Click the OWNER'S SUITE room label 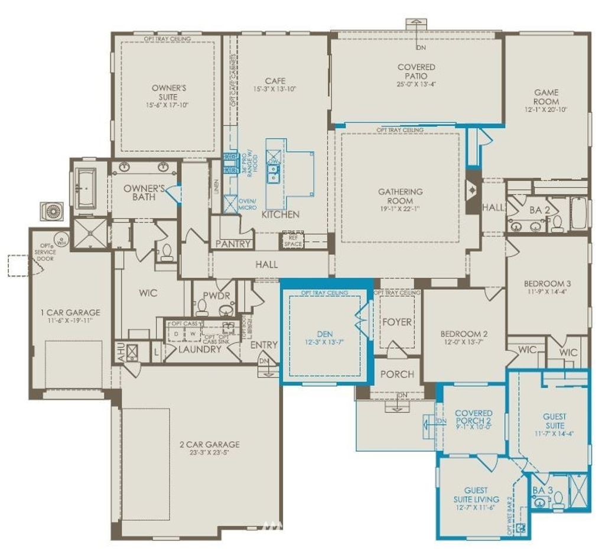169,92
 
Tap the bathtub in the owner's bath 86,188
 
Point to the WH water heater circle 61,239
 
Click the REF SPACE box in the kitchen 292,240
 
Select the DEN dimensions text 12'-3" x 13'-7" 324,341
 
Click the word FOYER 397,322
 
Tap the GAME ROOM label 546,97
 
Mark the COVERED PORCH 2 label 473,417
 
